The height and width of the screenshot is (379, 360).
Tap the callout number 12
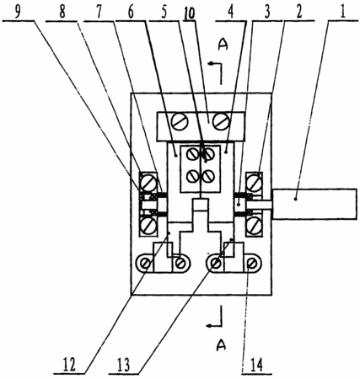(69, 365)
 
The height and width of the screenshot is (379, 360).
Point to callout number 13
(123, 365)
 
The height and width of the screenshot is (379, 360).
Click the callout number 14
(257, 365)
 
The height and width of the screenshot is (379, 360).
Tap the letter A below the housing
(221, 345)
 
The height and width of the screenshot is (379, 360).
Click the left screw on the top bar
(180, 121)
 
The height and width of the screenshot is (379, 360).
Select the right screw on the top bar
(222, 121)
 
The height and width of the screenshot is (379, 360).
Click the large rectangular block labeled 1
(314, 204)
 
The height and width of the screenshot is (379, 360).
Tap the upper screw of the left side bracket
(148, 183)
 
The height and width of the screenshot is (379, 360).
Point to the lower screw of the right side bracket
(255, 226)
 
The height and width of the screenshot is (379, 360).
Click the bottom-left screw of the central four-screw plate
(193, 176)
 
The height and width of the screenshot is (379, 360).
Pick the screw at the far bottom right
(251, 264)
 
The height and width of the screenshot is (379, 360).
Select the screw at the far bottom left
(146, 264)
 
